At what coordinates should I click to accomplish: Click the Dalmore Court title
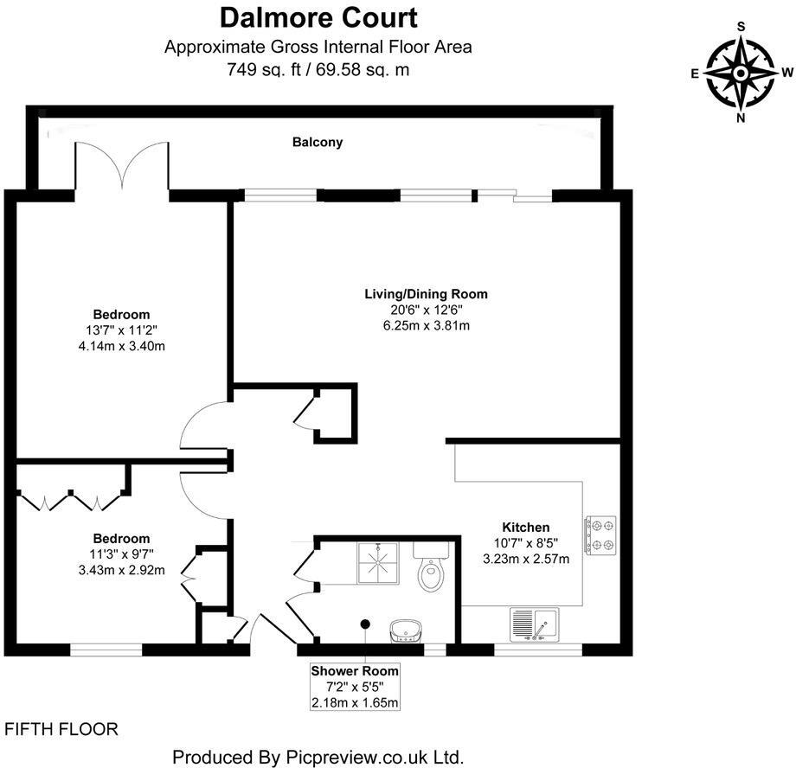click(318, 16)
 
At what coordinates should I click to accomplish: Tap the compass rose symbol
click(741, 73)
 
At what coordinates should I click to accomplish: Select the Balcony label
click(317, 142)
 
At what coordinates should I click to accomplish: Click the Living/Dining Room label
click(425, 294)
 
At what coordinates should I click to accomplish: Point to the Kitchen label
click(525, 528)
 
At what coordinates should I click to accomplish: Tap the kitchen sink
click(534, 624)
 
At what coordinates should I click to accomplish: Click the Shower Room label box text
click(355, 670)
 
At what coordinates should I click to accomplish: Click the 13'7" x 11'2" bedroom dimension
click(121, 330)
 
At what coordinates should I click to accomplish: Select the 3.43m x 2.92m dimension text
click(121, 570)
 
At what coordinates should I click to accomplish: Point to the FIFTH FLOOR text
click(61, 729)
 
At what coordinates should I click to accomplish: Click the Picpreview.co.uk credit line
click(318, 757)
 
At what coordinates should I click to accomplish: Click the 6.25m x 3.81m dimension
click(425, 325)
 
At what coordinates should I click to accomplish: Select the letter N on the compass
click(741, 118)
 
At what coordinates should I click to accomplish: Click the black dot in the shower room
click(365, 623)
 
